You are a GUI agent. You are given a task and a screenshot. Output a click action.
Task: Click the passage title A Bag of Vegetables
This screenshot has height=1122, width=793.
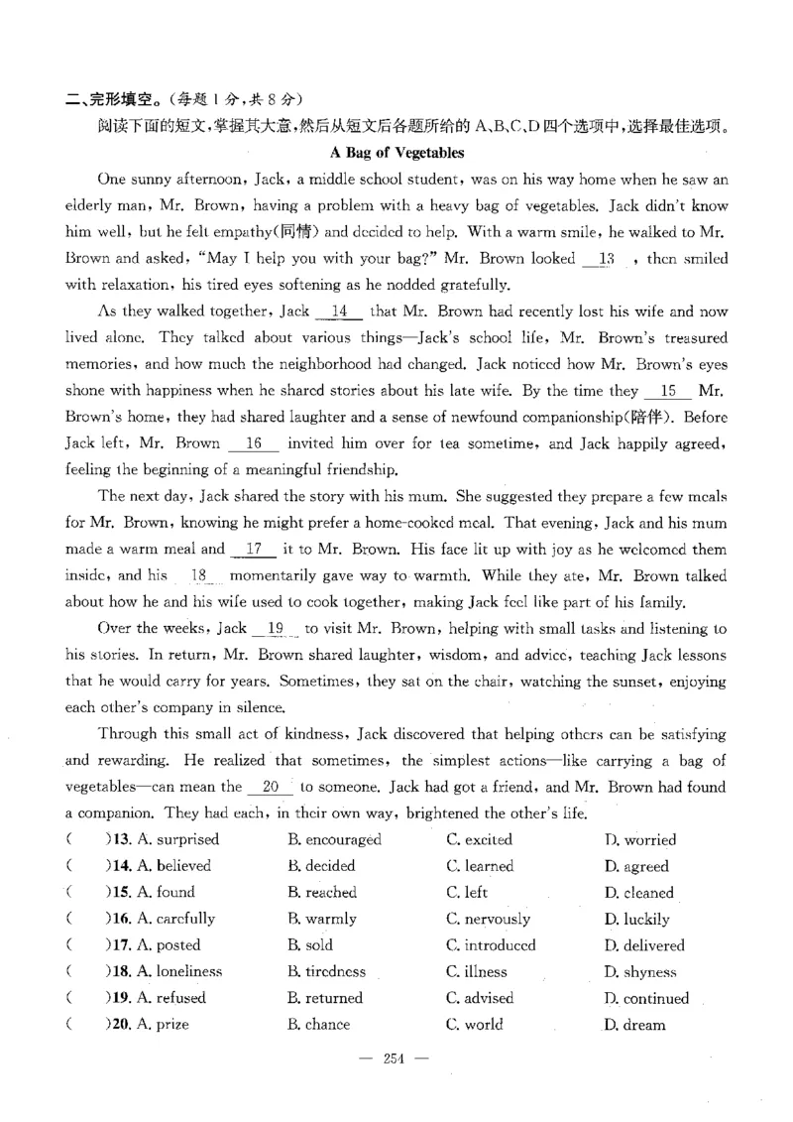pyautogui.click(x=396, y=153)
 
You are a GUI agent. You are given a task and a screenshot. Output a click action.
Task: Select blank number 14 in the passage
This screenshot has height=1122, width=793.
pyautogui.click(x=338, y=312)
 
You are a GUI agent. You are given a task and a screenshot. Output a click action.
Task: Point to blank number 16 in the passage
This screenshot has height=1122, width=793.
pyautogui.click(x=253, y=443)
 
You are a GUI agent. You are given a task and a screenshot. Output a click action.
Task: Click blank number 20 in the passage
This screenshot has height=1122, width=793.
pyautogui.click(x=269, y=787)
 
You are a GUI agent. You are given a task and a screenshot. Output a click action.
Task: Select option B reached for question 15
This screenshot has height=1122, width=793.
pyautogui.click(x=322, y=893)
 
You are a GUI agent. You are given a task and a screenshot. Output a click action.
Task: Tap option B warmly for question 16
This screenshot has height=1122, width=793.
pyautogui.click(x=322, y=919)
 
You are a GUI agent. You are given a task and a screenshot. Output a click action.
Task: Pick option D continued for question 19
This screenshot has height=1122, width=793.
pyautogui.click(x=646, y=999)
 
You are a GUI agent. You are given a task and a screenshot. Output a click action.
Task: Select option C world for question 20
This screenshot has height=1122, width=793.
pyautogui.click(x=475, y=1025)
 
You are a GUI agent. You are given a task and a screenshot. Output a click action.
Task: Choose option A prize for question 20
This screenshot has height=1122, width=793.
pyautogui.click(x=163, y=1025)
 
